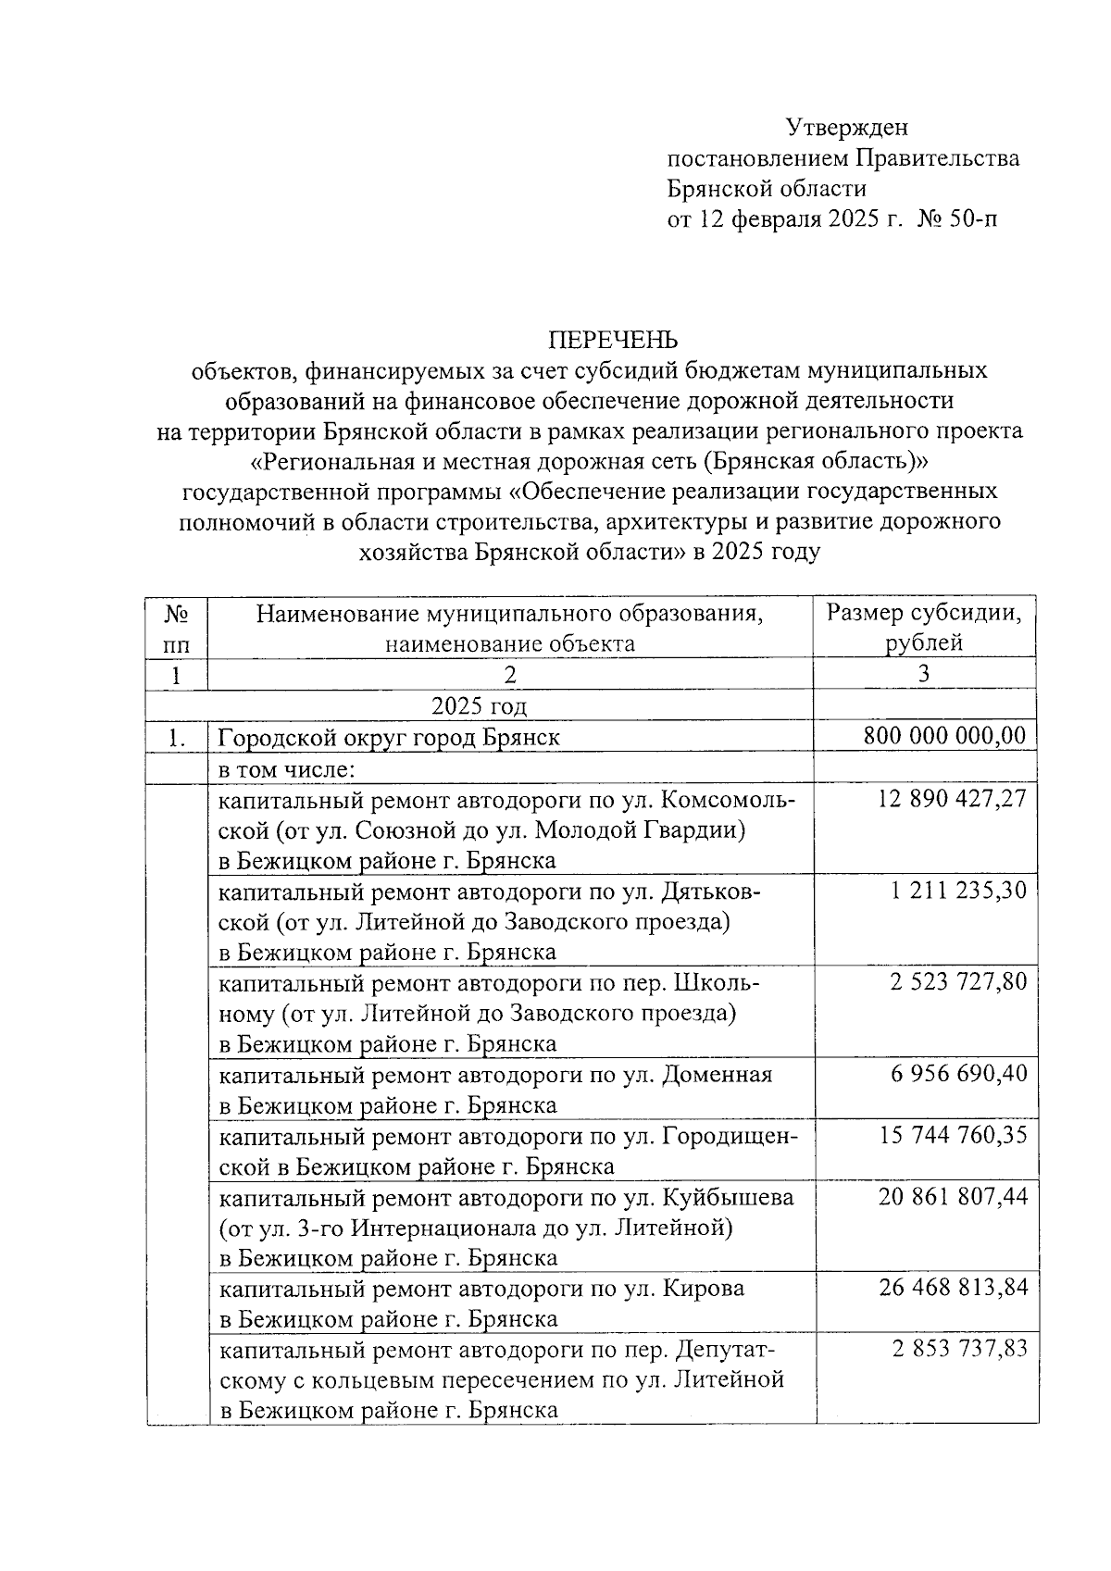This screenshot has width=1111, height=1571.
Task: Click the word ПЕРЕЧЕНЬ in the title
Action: tap(613, 340)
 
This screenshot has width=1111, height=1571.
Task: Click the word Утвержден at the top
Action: tap(846, 127)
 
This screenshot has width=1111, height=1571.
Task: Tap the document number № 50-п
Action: tap(957, 219)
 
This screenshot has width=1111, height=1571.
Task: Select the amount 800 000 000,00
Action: tap(944, 736)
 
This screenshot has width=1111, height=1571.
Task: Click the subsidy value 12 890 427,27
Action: tap(952, 798)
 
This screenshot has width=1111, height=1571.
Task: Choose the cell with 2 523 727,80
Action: tap(958, 981)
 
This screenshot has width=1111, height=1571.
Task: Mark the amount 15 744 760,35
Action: tap(952, 1135)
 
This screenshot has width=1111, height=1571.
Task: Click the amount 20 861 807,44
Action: tap(952, 1196)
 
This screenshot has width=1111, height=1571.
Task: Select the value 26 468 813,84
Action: tap(952, 1288)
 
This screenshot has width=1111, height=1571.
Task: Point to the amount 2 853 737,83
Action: tap(959, 1349)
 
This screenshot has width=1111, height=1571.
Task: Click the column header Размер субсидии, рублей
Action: tap(924, 627)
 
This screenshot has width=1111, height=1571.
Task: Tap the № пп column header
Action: tap(176, 627)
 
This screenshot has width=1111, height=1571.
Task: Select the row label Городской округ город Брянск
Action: tap(389, 738)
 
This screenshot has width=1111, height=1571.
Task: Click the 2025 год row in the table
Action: tap(479, 706)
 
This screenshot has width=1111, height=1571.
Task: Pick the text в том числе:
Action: tap(287, 768)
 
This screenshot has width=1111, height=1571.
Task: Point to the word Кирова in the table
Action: tap(704, 1289)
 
